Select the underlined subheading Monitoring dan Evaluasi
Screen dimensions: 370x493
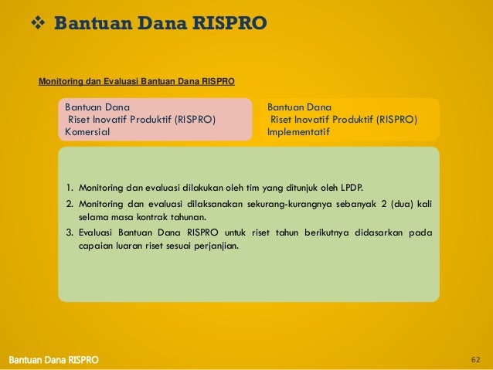[x=137, y=80]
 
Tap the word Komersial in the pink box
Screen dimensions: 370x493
[x=87, y=132]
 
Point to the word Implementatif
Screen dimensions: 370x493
[x=298, y=132]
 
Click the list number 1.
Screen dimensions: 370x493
[x=69, y=187]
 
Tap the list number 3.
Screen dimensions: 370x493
[x=69, y=233]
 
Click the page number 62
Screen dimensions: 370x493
[x=475, y=360]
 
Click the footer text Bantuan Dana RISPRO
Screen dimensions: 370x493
[x=53, y=361]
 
